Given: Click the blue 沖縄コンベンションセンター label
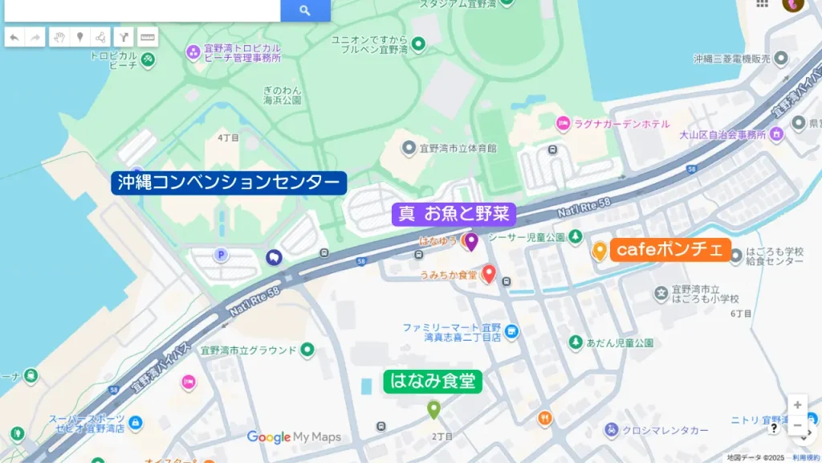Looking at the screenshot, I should pyautogui.click(x=229, y=183).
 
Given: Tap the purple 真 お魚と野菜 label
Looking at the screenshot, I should pyautogui.click(x=454, y=214).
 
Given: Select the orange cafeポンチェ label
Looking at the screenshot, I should pyautogui.click(x=670, y=249).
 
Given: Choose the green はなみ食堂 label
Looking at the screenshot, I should pyautogui.click(x=433, y=381).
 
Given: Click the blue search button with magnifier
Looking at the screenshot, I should pyautogui.click(x=305, y=10).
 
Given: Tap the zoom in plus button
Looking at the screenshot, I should pyautogui.click(x=797, y=404).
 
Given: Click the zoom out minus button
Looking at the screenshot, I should pyautogui.click(x=797, y=425).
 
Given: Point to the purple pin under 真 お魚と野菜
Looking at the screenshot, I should pyautogui.click(x=472, y=240).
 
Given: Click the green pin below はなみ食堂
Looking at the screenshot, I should pyautogui.click(x=433, y=409).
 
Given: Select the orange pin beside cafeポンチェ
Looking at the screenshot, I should pyautogui.click(x=599, y=250).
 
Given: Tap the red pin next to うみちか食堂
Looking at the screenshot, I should pyautogui.click(x=488, y=275).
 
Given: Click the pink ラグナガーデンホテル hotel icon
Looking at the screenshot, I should pyautogui.click(x=564, y=123).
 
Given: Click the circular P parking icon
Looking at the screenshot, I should pyautogui.click(x=221, y=255).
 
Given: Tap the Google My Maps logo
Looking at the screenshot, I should pyautogui.click(x=294, y=437).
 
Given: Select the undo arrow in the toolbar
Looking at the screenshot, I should pyautogui.click(x=14, y=37).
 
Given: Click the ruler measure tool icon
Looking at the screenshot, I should pyautogui.click(x=148, y=37).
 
